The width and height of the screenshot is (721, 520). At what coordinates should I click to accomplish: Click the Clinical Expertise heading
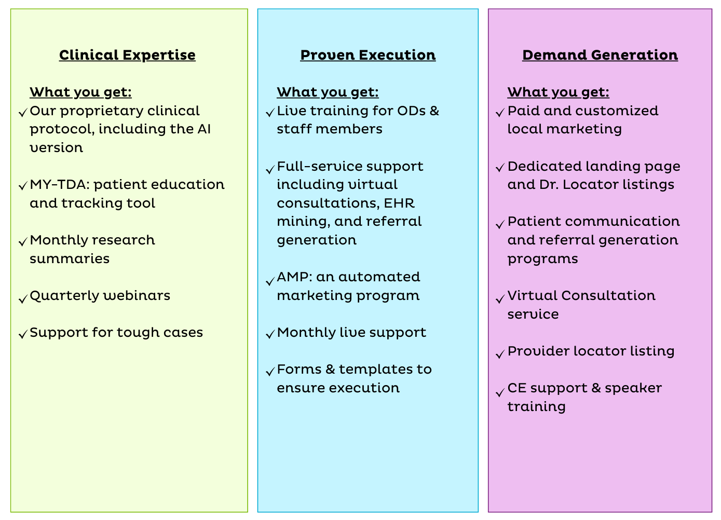[x=127, y=55]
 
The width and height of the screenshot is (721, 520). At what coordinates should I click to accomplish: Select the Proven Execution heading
[x=368, y=55]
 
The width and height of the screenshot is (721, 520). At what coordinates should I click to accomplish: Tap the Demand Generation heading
[x=600, y=55]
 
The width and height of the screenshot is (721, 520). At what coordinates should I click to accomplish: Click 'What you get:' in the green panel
[x=80, y=92]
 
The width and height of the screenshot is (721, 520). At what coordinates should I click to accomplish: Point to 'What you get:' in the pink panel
[x=558, y=92]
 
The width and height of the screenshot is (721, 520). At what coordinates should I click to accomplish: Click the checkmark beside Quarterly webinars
[x=22, y=299]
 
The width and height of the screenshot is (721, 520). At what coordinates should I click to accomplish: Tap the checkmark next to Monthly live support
[x=269, y=334]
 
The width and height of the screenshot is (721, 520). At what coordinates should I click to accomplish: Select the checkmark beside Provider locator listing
[x=500, y=354]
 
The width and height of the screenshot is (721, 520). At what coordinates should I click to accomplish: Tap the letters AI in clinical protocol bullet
[x=204, y=129]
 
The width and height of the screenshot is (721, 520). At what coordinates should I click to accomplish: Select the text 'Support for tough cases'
[x=116, y=333]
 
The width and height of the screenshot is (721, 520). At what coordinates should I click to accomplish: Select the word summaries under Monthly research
[x=70, y=259]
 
